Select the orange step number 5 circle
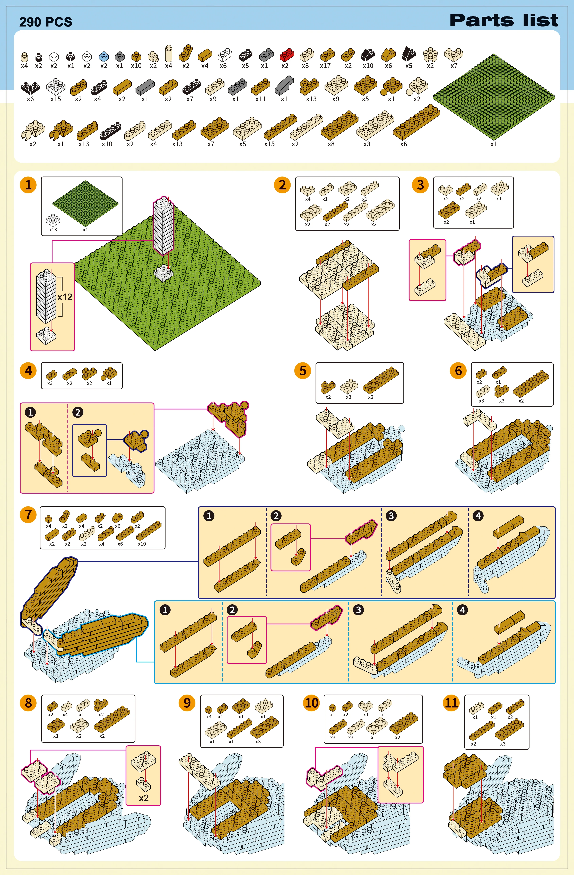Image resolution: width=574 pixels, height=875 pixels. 303,371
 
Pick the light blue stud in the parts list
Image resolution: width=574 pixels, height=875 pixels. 104,56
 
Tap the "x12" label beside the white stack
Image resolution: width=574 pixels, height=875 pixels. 65,297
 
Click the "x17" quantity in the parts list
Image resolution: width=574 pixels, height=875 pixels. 325,66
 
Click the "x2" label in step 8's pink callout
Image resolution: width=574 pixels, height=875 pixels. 143,798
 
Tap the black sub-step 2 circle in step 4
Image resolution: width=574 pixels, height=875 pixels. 78,412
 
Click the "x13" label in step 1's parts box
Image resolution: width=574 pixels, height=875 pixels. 53,230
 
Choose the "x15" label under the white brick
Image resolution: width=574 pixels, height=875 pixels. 56,99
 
